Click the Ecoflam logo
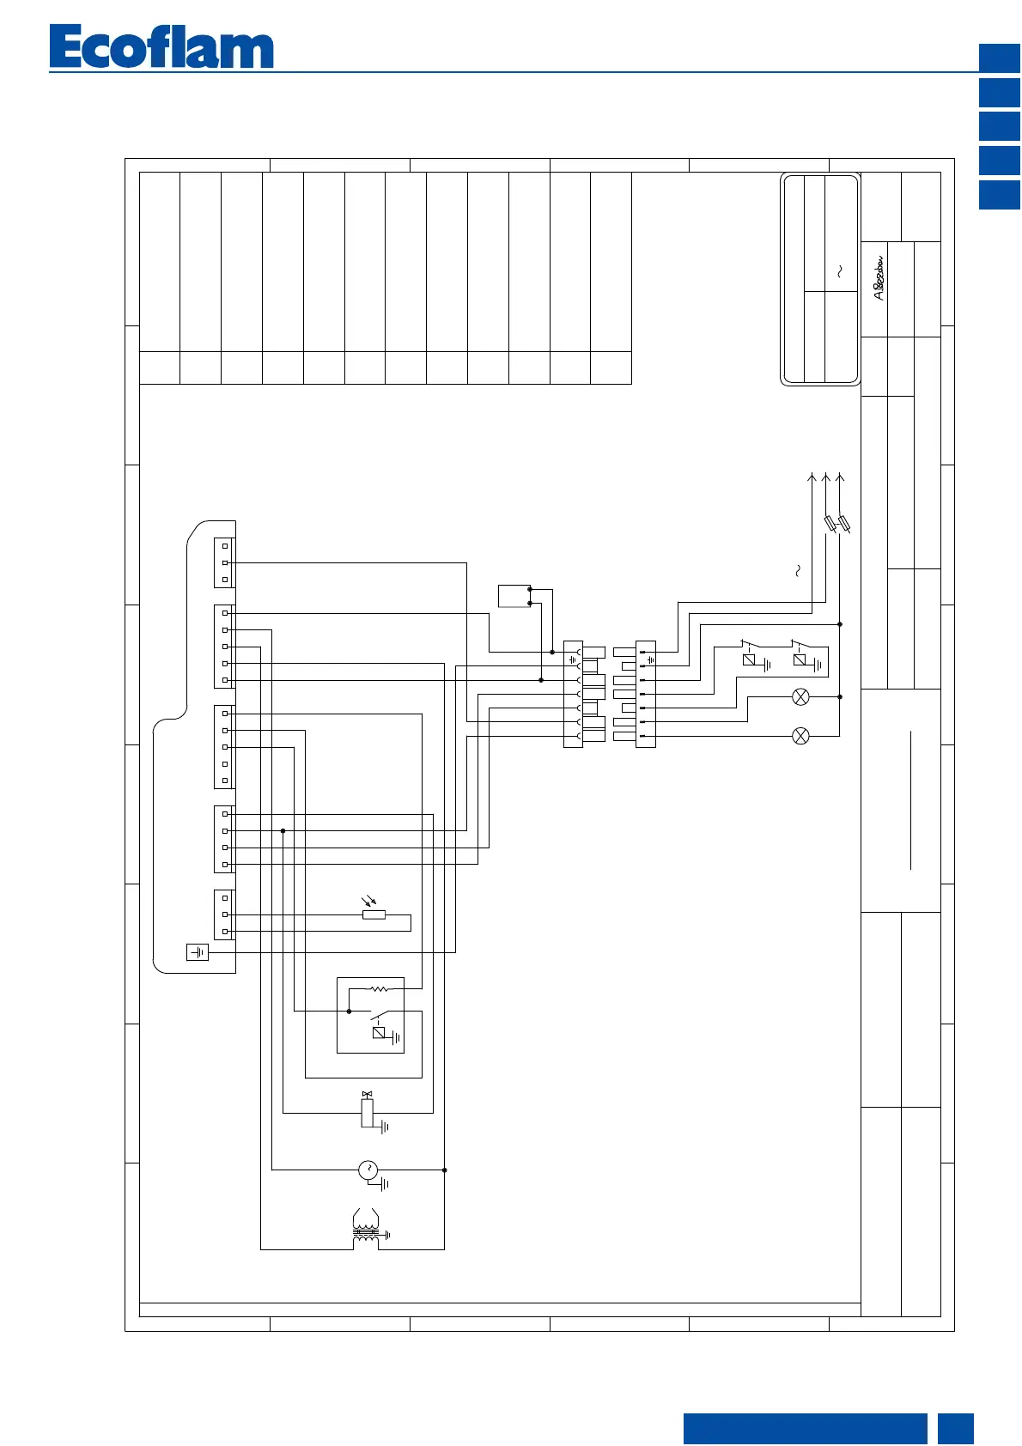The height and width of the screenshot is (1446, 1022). [x=161, y=47]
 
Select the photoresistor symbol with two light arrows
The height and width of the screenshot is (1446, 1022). [x=374, y=912]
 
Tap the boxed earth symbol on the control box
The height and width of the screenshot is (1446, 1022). [x=198, y=952]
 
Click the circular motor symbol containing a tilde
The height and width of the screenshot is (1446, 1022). [x=368, y=1170]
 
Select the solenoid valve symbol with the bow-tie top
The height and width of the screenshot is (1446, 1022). [x=368, y=1110]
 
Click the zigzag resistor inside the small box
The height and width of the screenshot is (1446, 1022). [x=379, y=989]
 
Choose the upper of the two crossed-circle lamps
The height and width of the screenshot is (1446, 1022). [x=800, y=697]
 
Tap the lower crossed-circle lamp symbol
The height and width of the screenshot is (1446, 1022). [x=800, y=736]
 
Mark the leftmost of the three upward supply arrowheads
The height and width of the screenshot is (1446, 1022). [x=812, y=477]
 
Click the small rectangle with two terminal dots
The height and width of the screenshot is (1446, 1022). [x=514, y=596]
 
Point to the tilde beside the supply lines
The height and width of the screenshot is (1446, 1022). [x=798, y=570]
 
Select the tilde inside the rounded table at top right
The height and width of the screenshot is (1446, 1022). [x=840, y=271]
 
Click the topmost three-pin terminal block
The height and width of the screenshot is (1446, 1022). [x=224, y=562]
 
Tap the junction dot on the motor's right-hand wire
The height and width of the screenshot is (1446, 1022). [x=444, y=1170]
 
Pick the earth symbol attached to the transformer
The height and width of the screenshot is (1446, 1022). [x=387, y=1236]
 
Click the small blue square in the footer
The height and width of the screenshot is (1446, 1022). [x=956, y=1429]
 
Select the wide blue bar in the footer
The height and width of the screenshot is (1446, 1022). [x=805, y=1429]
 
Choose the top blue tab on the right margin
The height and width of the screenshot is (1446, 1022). [x=1000, y=58]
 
